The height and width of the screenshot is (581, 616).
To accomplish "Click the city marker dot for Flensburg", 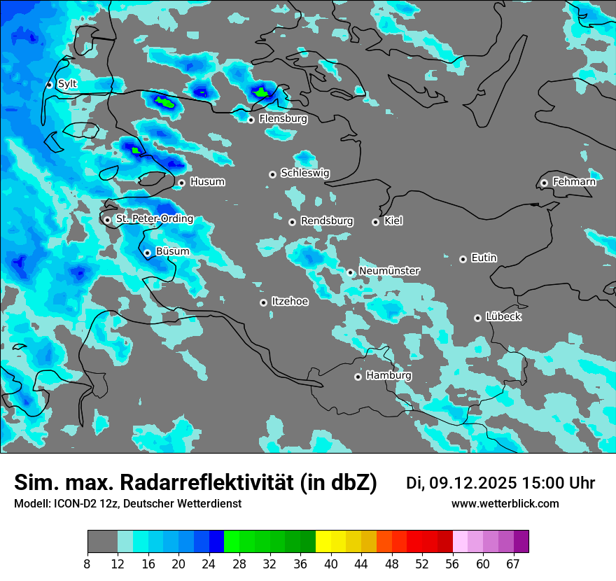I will (x=251, y=120).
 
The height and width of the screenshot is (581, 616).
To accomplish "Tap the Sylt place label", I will (x=67, y=84).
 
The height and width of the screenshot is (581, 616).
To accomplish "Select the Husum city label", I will (x=207, y=182).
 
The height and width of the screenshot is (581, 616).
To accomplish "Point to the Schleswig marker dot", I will (x=272, y=174).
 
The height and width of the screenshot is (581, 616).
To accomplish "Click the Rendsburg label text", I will (x=327, y=221).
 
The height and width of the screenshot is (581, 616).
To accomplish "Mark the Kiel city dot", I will (x=375, y=222).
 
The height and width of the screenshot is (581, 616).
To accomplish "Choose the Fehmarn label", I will (x=574, y=182).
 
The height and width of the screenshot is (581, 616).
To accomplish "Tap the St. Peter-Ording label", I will (x=155, y=219).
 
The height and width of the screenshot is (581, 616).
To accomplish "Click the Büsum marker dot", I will (x=147, y=253).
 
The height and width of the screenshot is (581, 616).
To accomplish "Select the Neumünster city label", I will (x=389, y=271).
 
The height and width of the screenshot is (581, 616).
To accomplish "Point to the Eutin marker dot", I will (x=463, y=259).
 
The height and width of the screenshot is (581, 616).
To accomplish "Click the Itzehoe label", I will (x=290, y=302).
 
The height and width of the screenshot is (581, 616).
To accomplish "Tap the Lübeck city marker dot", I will (x=477, y=318).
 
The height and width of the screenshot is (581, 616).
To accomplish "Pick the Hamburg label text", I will (x=388, y=376).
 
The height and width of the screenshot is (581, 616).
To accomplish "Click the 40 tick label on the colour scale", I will (x=331, y=563).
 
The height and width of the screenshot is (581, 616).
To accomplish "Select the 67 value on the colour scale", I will (x=513, y=563).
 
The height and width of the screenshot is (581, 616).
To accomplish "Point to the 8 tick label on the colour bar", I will (x=87, y=563).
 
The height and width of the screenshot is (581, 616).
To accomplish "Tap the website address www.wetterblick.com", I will (x=505, y=504).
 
